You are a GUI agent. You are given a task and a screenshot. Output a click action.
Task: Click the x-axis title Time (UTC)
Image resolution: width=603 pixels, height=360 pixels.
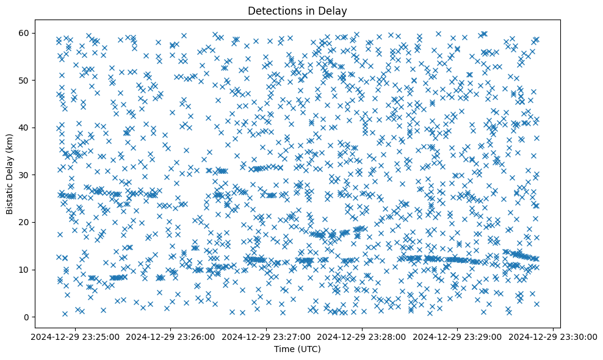point(298,349)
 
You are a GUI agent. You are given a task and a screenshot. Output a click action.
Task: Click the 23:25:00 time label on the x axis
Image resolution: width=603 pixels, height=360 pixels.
point(76,336)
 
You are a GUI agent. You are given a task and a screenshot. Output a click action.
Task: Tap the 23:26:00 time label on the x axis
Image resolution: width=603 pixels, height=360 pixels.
point(171,336)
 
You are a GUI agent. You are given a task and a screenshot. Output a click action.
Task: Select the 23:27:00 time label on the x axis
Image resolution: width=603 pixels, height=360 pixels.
point(267,336)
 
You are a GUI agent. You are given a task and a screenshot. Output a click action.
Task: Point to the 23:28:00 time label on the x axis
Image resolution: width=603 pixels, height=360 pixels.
point(362,336)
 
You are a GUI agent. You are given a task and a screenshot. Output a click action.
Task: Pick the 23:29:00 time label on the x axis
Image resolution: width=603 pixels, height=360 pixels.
point(458,336)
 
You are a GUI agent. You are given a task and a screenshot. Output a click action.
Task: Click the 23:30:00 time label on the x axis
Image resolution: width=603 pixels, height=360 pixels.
point(553,336)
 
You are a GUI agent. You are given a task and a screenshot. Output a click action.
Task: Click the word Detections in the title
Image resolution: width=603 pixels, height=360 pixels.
point(270,10)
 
